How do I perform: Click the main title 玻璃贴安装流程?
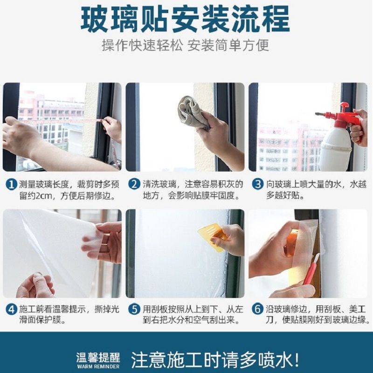(185, 19)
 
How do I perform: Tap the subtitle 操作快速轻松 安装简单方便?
(185, 45)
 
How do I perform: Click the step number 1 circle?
(11, 185)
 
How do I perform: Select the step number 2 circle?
(134, 185)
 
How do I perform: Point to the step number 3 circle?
(258, 185)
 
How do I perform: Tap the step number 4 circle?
(11, 310)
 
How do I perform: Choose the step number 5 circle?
(134, 310)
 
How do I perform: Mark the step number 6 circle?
(258, 310)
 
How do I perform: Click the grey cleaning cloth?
(193, 112)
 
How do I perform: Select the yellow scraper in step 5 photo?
(212, 237)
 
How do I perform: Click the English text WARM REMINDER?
(98, 366)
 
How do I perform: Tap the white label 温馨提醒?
(98, 358)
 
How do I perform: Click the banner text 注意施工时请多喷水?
(215, 359)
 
